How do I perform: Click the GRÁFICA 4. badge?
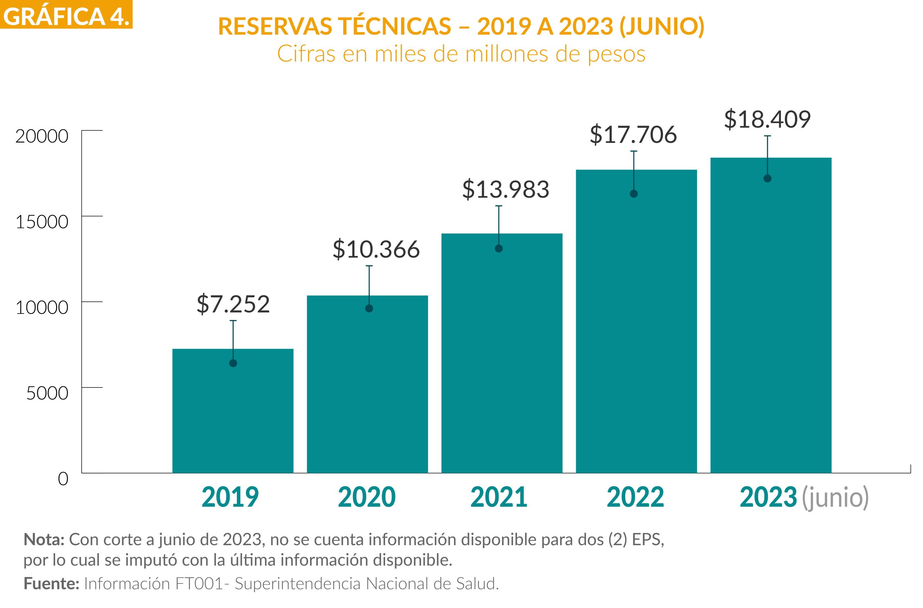pos(66,15)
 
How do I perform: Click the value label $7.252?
pos(233,304)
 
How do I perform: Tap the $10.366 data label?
pos(376,249)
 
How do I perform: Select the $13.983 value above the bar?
pos(505,189)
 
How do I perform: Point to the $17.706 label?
pos(633,134)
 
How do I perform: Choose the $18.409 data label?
pos(767,119)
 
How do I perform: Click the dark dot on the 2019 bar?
pos(233,363)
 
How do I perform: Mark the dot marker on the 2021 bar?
pos(499,249)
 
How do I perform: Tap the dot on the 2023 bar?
pos(768,179)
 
